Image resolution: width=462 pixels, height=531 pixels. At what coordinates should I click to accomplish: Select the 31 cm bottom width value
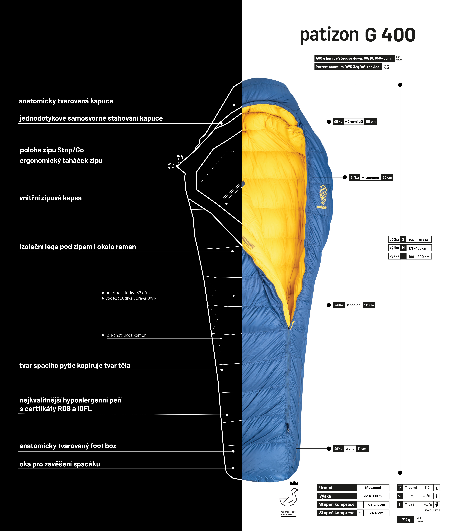click(362, 449)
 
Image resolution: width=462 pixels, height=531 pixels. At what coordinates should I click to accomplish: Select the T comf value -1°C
click(426, 487)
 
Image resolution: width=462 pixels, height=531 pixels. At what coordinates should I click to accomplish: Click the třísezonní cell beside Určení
click(373, 487)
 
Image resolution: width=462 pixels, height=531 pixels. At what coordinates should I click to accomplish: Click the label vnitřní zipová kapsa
click(51, 198)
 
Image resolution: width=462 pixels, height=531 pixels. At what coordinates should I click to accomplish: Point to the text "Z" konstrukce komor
click(126, 335)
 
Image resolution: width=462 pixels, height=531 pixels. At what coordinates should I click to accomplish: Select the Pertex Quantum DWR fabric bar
click(348, 67)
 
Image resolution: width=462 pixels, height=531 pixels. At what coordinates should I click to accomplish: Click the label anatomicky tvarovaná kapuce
click(66, 101)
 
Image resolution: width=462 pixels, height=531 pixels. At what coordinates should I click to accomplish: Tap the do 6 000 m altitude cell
click(373, 496)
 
